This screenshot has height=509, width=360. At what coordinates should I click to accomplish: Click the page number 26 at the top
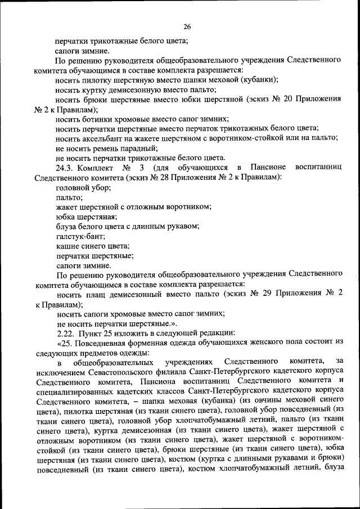tap(187, 26)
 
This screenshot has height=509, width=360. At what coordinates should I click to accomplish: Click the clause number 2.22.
tap(65, 334)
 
